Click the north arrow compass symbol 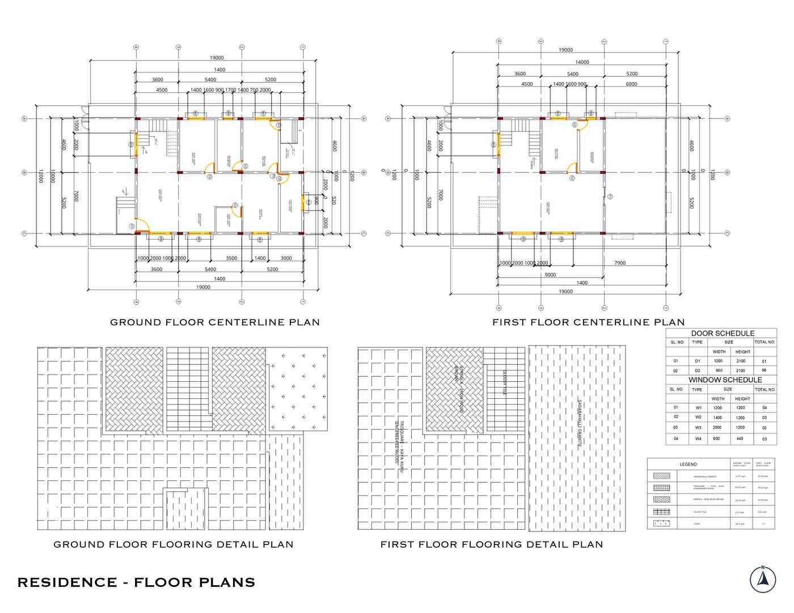(x=763, y=580)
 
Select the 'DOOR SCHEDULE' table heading (x=723, y=333)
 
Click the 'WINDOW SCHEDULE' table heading (x=725, y=380)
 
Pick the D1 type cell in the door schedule (x=698, y=361)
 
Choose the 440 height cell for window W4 (x=740, y=439)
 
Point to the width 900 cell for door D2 (x=718, y=371)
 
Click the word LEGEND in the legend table (x=688, y=465)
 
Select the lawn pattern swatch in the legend (x=661, y=523)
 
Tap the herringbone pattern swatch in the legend (x=661, y=500)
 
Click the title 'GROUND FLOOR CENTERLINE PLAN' (x=215, y=322)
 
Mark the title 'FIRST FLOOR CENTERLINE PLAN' (x=588, y=322)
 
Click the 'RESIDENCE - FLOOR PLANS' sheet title (x=136, y=582)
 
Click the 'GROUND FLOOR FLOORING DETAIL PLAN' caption (x=174, y=544)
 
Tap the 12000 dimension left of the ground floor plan (x=40, y=177)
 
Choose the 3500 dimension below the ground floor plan (x=231, y=258)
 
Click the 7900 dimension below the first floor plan (x=620, y=263)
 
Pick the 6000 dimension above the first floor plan (x=631, y=84)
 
